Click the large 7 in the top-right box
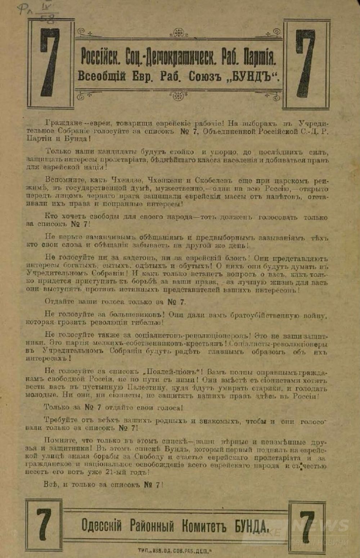(x=306, y=63)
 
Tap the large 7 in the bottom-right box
(x=307, y=527)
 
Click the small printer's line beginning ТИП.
(x=175, y=550)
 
